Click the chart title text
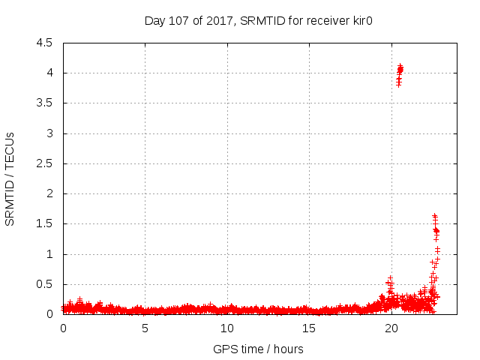point(259,21)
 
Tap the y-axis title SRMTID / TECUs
point(10,178)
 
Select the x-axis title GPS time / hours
point(259,349)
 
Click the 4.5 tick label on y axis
point(45,43)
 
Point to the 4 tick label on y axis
point(49,73)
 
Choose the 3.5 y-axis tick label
point(45,103)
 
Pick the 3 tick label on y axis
point(49,133)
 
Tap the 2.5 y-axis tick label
point(45,163)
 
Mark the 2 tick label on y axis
point(49,193)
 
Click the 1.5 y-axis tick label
point(45,224)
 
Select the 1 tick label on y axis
point(49,254)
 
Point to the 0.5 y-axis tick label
point(45,284)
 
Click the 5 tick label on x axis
point(145,328)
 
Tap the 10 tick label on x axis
point(226,328)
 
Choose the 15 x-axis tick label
point(309,328)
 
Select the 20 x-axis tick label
point(391,328)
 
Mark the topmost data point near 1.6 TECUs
point(434,216)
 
